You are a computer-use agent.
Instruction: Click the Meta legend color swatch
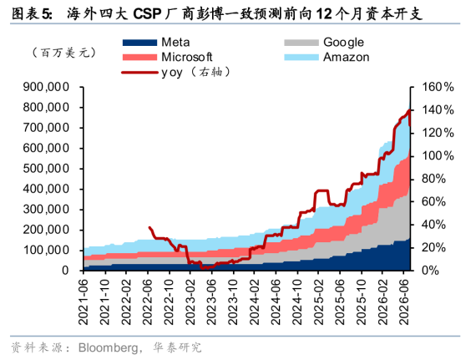coord(139,43)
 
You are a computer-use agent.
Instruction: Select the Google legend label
coord(343,43)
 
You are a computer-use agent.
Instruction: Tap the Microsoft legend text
coord(187,57)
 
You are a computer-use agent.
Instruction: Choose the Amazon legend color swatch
coord(301,58)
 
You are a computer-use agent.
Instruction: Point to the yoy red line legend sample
coord(139,73)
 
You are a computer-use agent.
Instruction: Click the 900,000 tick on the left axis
coord(46,87)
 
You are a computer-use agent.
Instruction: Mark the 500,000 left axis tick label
coord(46,169)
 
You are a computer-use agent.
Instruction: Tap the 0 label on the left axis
coord(66,270)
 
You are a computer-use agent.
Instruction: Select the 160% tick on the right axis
coord(438,87)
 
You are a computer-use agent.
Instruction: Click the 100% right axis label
coord(438,156)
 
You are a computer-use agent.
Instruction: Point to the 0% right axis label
coord(430,270)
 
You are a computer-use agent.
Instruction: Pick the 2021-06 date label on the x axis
coord(84,302)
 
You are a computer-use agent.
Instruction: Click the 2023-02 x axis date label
coord(190,302)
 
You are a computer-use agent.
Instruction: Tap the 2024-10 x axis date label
coord(297,302)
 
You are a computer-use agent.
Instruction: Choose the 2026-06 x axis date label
coord(404,302)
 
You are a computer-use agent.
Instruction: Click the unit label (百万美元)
coord(64,53)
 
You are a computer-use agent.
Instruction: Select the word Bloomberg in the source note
coord(108,347)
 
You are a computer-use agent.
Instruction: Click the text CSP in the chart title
coord(147,14)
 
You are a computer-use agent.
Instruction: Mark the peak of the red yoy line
coord(409,110)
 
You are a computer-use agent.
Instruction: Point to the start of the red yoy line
coord(149,227)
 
